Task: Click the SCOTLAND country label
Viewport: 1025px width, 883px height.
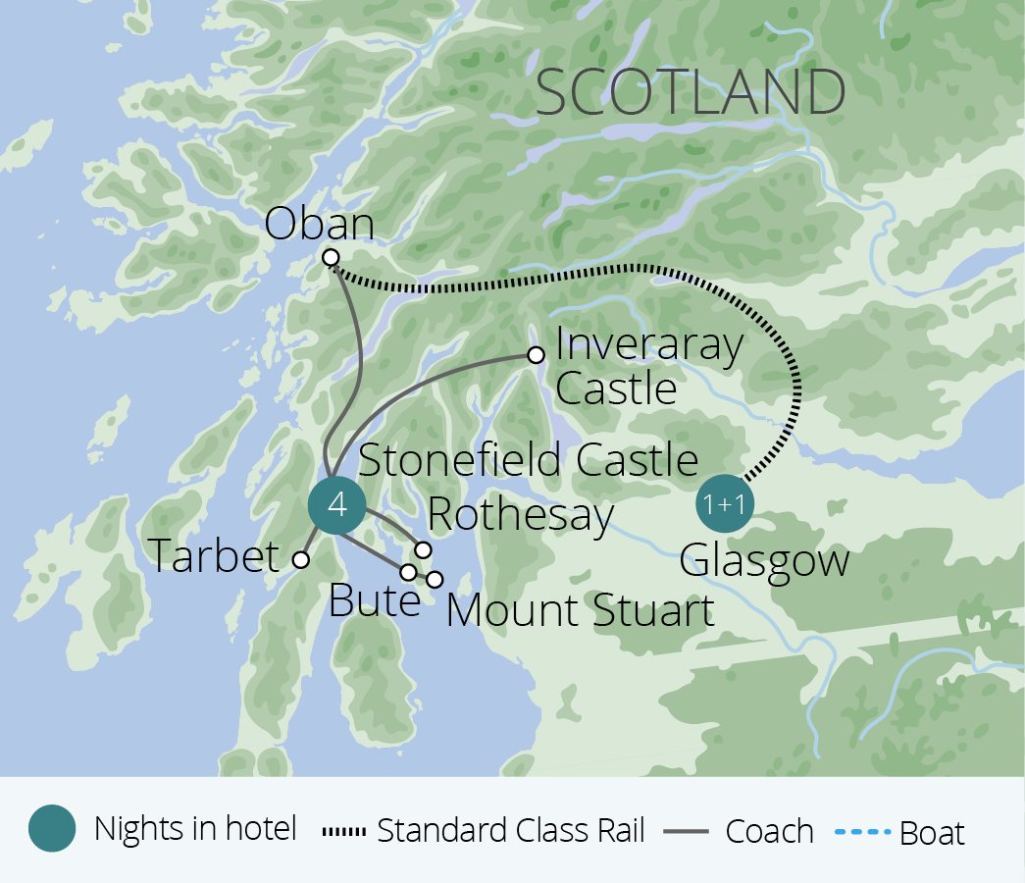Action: click(692, 92)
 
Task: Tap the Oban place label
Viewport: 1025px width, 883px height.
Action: click(320, 225)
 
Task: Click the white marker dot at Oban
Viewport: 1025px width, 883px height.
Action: click(331, 258)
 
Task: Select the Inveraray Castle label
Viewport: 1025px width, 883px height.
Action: click(648, 367)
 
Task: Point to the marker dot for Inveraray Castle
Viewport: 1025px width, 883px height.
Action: click(536, 355)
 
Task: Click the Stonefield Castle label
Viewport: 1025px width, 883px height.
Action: click(529, 460)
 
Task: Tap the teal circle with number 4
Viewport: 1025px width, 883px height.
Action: click(336, 506)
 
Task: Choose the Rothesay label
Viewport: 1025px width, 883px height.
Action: click(521, 514)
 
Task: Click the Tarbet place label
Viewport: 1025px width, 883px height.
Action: click(215, 557)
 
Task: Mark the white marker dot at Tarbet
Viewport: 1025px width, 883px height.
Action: click(301, 560)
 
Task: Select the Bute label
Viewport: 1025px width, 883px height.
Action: click(374, 600)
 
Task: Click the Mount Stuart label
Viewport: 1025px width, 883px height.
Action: click(580, 610)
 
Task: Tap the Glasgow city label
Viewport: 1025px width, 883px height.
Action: click(764, 561)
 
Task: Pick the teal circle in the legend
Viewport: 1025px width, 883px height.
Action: click(52, 829)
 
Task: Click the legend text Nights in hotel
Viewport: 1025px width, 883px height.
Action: click(195, 829)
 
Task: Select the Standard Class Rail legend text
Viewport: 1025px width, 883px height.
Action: click(511, 831)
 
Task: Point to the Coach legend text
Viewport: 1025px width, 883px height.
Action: click(769, 831)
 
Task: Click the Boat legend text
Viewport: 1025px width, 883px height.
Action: click(932, 833)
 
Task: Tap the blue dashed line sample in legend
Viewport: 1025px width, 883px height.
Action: click(863, 832)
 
